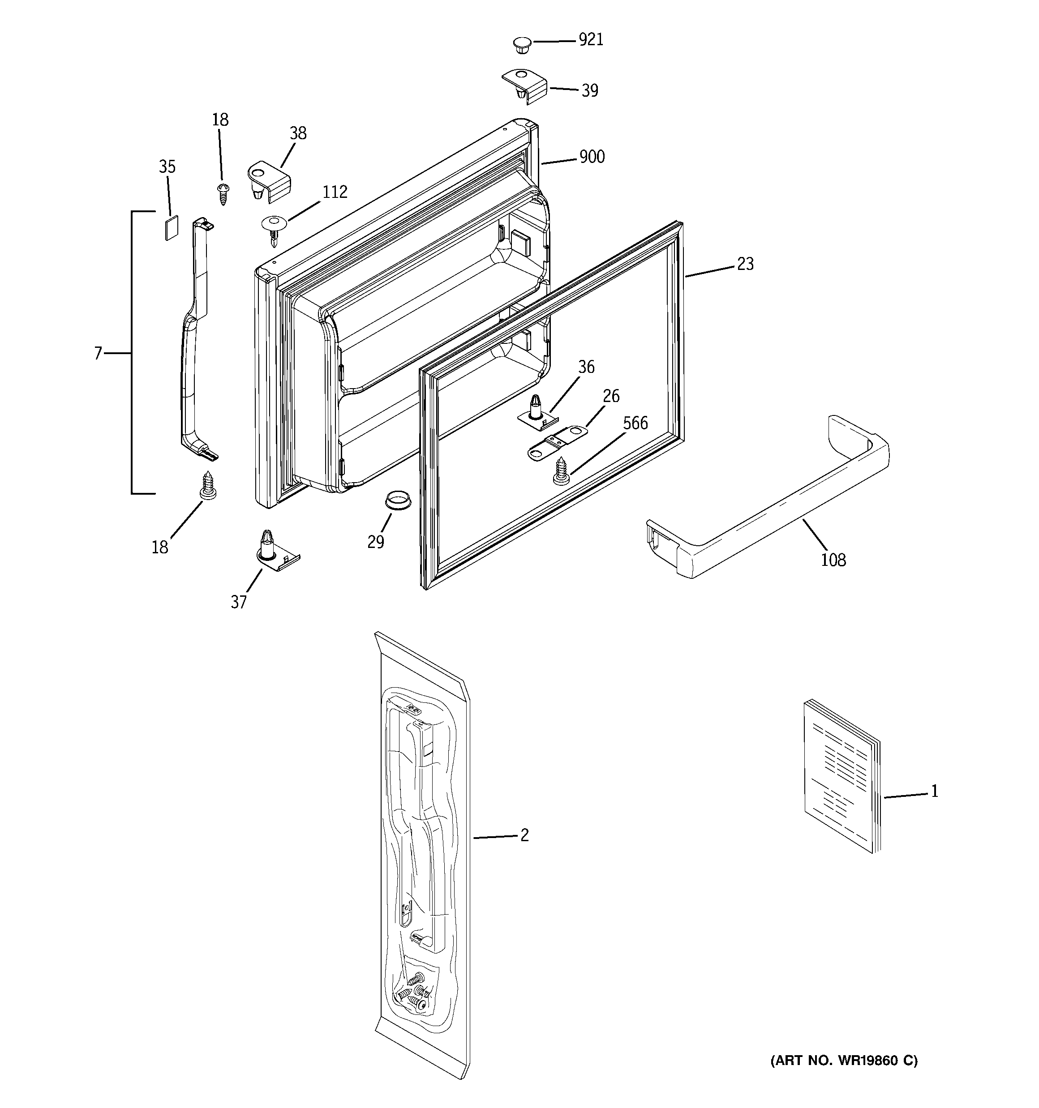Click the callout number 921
click(x=591, y=40)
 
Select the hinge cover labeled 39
click(x=525, y=86)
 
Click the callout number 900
click(x=592, y=157)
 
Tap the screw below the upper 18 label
click(x=223, y=193)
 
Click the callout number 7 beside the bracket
click(x=98, y=353)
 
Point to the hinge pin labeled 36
click(x=537, y=411)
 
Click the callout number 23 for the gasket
click(x=745, y=264)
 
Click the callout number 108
click(x=833, y=560)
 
